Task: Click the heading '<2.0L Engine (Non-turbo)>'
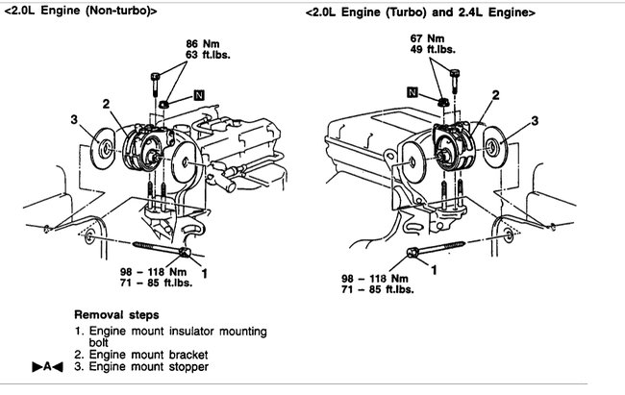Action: [x=77, y=11]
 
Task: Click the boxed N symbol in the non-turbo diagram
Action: [x=199, y=94]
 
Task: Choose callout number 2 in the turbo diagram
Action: [x=495, y=95]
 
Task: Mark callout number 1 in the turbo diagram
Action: [x=433, y=271]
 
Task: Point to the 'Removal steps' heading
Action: [x=116, y=314]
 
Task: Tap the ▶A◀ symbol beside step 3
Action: [x=46, y=367]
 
